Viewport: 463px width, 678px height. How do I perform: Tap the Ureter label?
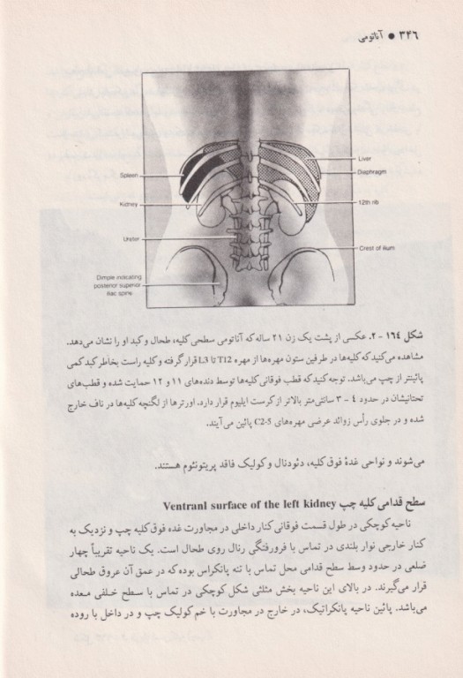coord(129,238)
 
